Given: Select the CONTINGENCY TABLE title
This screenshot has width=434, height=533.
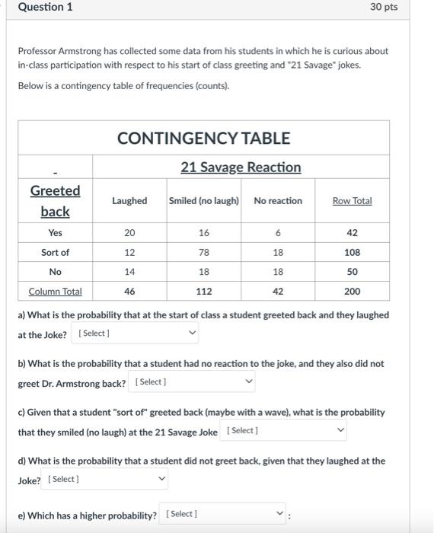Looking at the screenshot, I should tap(203, 138).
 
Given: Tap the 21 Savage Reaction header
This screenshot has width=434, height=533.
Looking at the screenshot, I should tap(241, 167).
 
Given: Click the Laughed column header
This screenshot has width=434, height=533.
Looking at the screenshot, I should tap(129, 201).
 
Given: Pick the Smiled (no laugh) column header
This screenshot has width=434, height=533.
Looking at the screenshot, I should tap(204, 201).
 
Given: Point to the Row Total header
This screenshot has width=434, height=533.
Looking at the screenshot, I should tap(352, 201).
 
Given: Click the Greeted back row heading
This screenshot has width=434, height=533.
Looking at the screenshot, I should tap(55, 200).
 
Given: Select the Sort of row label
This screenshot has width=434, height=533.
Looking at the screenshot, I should tap(55, 252).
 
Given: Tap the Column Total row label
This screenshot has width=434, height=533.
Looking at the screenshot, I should tap(55, 292).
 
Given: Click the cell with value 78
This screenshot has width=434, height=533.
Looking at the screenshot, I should tap(204, 252).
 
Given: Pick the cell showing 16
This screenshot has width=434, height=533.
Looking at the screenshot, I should tap(204, 233).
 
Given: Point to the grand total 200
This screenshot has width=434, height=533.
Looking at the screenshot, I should tap(352, 292).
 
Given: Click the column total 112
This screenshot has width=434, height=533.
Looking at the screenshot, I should tap(204, 292).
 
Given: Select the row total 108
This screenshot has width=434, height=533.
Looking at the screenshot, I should tap(352, 252).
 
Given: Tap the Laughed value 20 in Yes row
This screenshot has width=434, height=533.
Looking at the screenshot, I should tap(129, 233).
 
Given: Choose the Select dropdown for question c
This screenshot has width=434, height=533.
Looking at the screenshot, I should tap(286, 431).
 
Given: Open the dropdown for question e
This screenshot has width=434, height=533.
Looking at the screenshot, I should tap(225, 514).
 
